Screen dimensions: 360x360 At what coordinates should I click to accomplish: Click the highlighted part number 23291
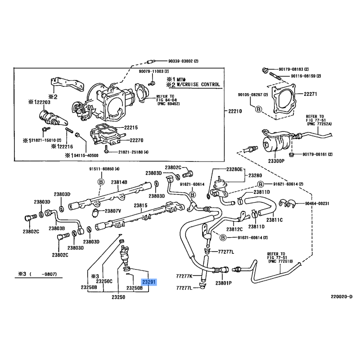pyautogui.click(x=149, y=283)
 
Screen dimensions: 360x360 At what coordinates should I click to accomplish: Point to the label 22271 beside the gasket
pyautogui.click(x=310, y=94)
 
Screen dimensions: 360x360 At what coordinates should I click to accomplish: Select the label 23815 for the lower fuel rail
pyautogui.click(x=140, y=205)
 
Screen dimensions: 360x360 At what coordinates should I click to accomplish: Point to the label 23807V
pyautogui.click(x=113, y=211)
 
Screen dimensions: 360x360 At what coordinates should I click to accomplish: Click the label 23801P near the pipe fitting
pyautogui.click(x=223, y=283)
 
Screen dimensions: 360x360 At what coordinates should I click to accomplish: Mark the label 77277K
pyautogui.click(x=184, y=276)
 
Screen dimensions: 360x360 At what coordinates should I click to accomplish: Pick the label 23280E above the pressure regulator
pyautogui.click(x=234, y=169)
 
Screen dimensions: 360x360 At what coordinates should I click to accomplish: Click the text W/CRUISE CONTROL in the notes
pyautogui.click(x=197, y=84)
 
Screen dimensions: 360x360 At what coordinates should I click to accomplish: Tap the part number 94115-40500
pyautogui.click(x=87, y=155)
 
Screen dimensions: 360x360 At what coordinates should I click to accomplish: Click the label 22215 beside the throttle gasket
pyautogui.click(x=130, y=128)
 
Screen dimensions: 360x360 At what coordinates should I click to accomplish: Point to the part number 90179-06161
pyautogui.click(x=315, y=154)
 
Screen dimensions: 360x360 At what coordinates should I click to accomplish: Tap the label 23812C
pyautogui.click(x=235, y=229)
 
